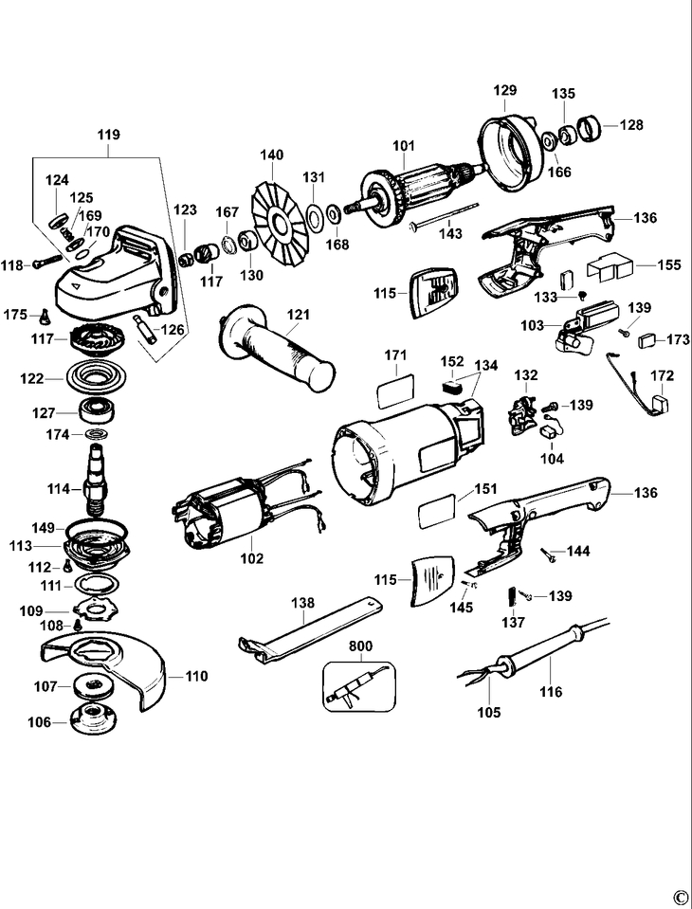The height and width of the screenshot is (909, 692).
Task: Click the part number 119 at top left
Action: pyautogui.click(x=107, y=136)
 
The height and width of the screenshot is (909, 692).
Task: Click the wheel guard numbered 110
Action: pyautogui.click(x=104, y=667)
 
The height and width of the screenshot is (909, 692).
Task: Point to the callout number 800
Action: pyautogui.click(x=360, y=645)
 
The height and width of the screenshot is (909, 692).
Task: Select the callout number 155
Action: pyautogui.click(x=669, y=265)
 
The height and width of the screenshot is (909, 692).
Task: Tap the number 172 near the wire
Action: pyautogui.click(x=662, y=377)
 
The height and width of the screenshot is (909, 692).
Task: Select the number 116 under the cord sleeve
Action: pyautogui.click(x=551, y=692)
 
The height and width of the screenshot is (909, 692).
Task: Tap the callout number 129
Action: pyautogui.click(x=504, y=91)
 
